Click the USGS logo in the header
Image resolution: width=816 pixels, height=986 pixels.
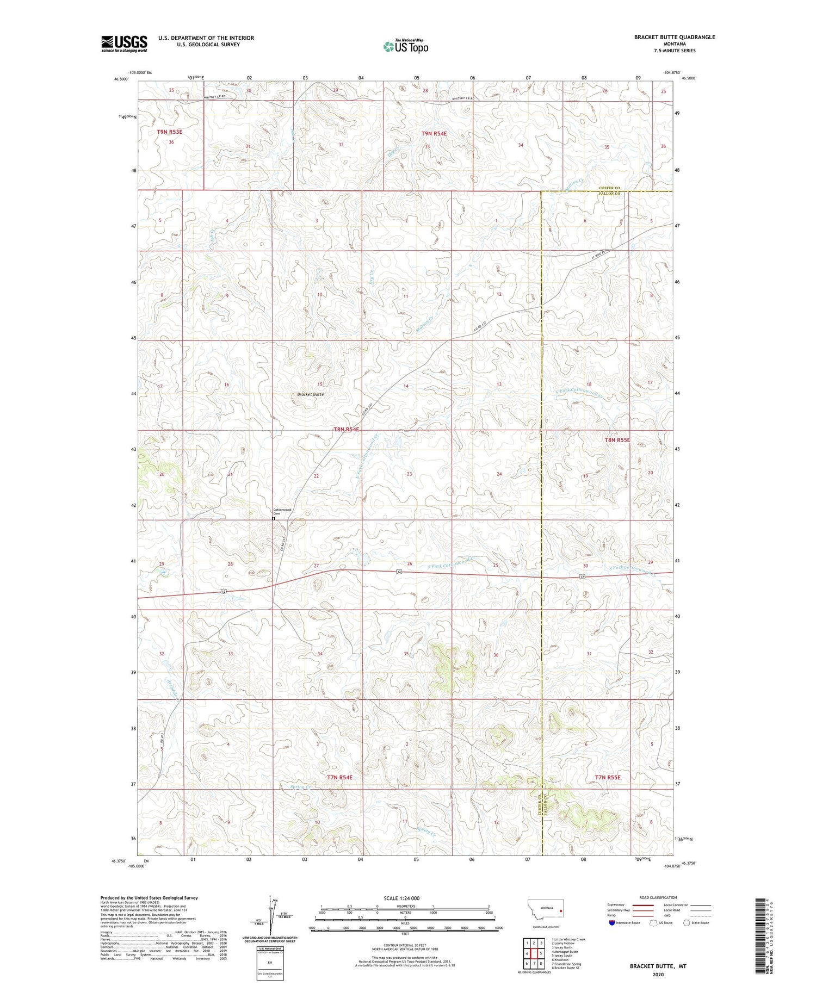[124, 44]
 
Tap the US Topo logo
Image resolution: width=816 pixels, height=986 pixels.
[405, 47]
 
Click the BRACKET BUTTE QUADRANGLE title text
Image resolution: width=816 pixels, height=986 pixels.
[674, 37]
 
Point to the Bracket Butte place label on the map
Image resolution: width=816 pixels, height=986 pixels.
[310, 394]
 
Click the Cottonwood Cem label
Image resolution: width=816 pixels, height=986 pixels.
[282, 511]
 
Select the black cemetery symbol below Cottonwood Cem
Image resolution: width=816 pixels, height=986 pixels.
[274, 519]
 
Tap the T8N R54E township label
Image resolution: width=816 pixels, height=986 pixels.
[347, 429]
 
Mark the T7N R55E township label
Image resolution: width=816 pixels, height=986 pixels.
[604, 778]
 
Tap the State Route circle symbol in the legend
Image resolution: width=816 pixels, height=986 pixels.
[687, 922]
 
